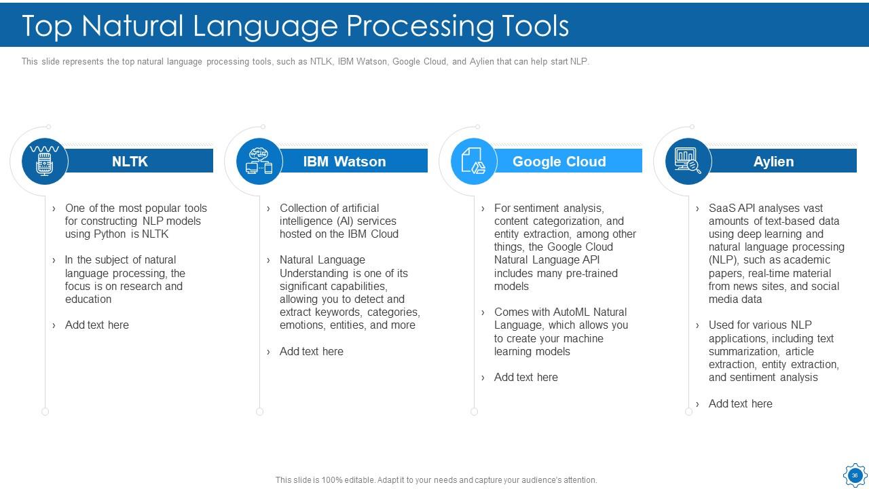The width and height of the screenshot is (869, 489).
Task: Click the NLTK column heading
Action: (130, 162)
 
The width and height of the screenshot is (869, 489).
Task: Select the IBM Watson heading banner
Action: (344, 162)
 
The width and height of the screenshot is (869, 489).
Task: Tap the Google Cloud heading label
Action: (559, 162)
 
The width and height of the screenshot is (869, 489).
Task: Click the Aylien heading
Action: (773, 162)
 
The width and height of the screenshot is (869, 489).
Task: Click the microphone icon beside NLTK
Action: (45, 162)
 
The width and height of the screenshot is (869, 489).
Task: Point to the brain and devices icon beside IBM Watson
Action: (259, 162)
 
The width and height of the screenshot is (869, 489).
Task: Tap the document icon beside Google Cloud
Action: (473, 162)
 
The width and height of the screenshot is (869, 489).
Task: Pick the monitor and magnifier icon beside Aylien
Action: (688, 162)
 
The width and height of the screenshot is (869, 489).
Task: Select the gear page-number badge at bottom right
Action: (854, 475)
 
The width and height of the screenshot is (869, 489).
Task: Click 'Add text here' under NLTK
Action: (96, 325)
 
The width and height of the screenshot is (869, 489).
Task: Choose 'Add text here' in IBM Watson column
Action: (311, 352)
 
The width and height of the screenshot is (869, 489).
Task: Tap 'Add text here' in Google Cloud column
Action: (525, 378)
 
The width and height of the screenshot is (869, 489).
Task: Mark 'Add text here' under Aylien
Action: (740, 404)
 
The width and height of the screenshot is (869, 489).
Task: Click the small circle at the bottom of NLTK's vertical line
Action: (45, 412)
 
